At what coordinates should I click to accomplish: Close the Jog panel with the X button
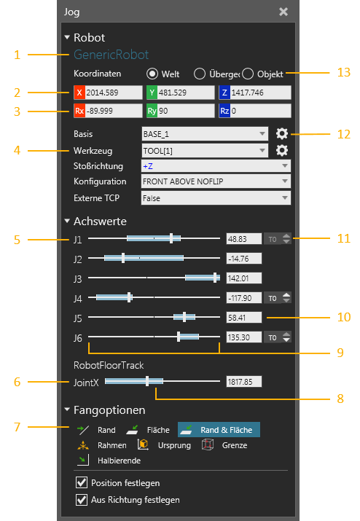tap(283, 12)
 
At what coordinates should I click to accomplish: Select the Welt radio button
tap(152, 74)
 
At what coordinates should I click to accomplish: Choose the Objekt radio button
tap(248, 74)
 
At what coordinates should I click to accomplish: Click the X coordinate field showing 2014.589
tap(108, 93)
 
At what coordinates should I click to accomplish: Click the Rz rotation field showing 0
tap(255, 111)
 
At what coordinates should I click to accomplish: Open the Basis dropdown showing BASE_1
tap(205, 134)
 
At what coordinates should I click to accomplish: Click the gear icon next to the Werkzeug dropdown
tap(282, 151)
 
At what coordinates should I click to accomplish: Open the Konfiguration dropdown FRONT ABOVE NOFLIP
tap(216, 181)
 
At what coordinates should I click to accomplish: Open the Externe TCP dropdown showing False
tap(216, 198)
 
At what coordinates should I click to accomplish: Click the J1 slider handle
tap(171, 238)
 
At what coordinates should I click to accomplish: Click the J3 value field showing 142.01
tap(244, 278)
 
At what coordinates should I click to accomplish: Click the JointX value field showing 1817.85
tap(244, 382)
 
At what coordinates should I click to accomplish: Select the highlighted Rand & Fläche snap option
tap(219, 430)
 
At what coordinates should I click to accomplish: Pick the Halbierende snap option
tap(109, 461)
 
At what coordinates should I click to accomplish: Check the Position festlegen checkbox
tap(82, 482)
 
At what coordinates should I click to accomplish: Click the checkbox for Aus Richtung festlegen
tap(82, 499)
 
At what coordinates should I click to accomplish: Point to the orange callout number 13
tap(344, 72)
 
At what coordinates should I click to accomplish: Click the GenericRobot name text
tap(111, 55)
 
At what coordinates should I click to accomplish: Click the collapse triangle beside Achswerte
tap(67, 221)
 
